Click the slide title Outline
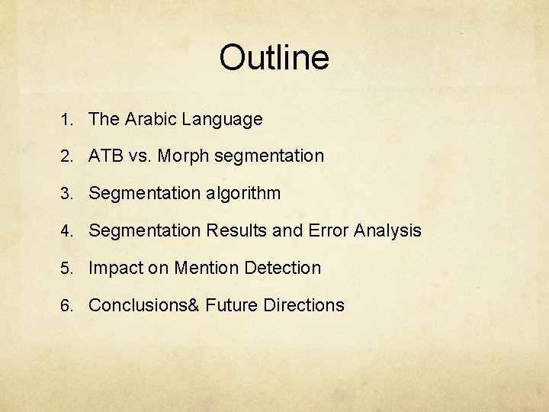tap(274, 58)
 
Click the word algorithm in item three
tap(242, 194)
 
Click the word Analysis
tap(388, 231)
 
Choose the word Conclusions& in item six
tap(143, 305)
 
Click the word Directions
tap(303, 305)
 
